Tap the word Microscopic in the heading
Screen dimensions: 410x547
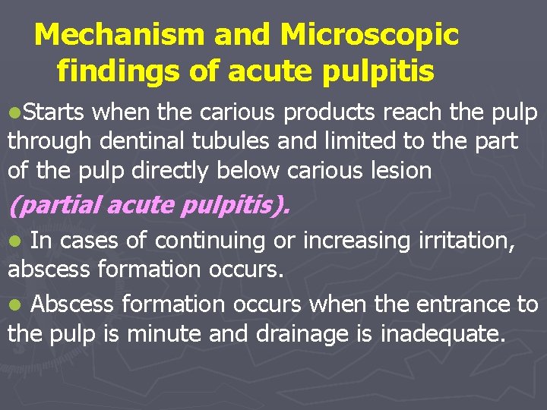369,34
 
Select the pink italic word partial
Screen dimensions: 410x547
57,205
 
